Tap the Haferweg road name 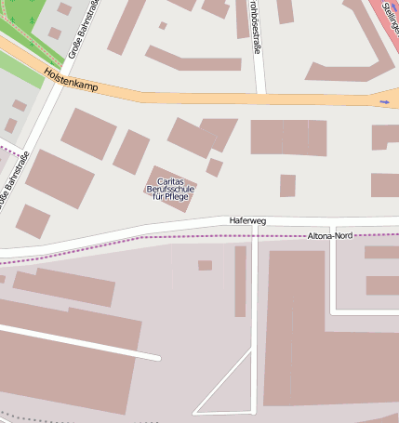click(x=247, y=221)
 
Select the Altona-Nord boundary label click(x=330, y=237)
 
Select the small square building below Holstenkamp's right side click(x=287, y=185)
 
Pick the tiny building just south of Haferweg click(x=205, y=265)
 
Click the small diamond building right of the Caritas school click(x=214, y=167)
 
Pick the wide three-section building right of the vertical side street click(x=288, y=138)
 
